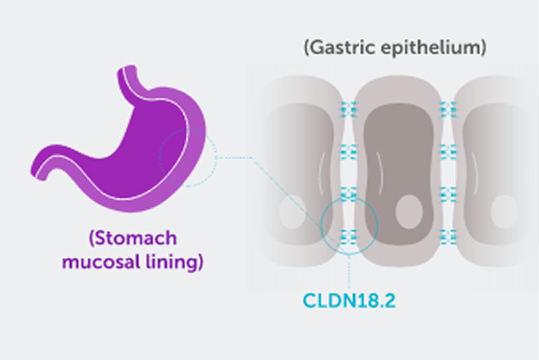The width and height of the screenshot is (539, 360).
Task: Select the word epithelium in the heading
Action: tap(431, 48)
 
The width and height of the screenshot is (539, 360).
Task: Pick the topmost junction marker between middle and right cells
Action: tap(448, 109)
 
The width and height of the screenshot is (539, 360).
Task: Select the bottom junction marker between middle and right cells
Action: tap(448, 235)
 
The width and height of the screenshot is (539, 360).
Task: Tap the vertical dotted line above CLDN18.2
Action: tap(349, 271)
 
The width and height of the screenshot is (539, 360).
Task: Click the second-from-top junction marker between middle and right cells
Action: tap(448, 151)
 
